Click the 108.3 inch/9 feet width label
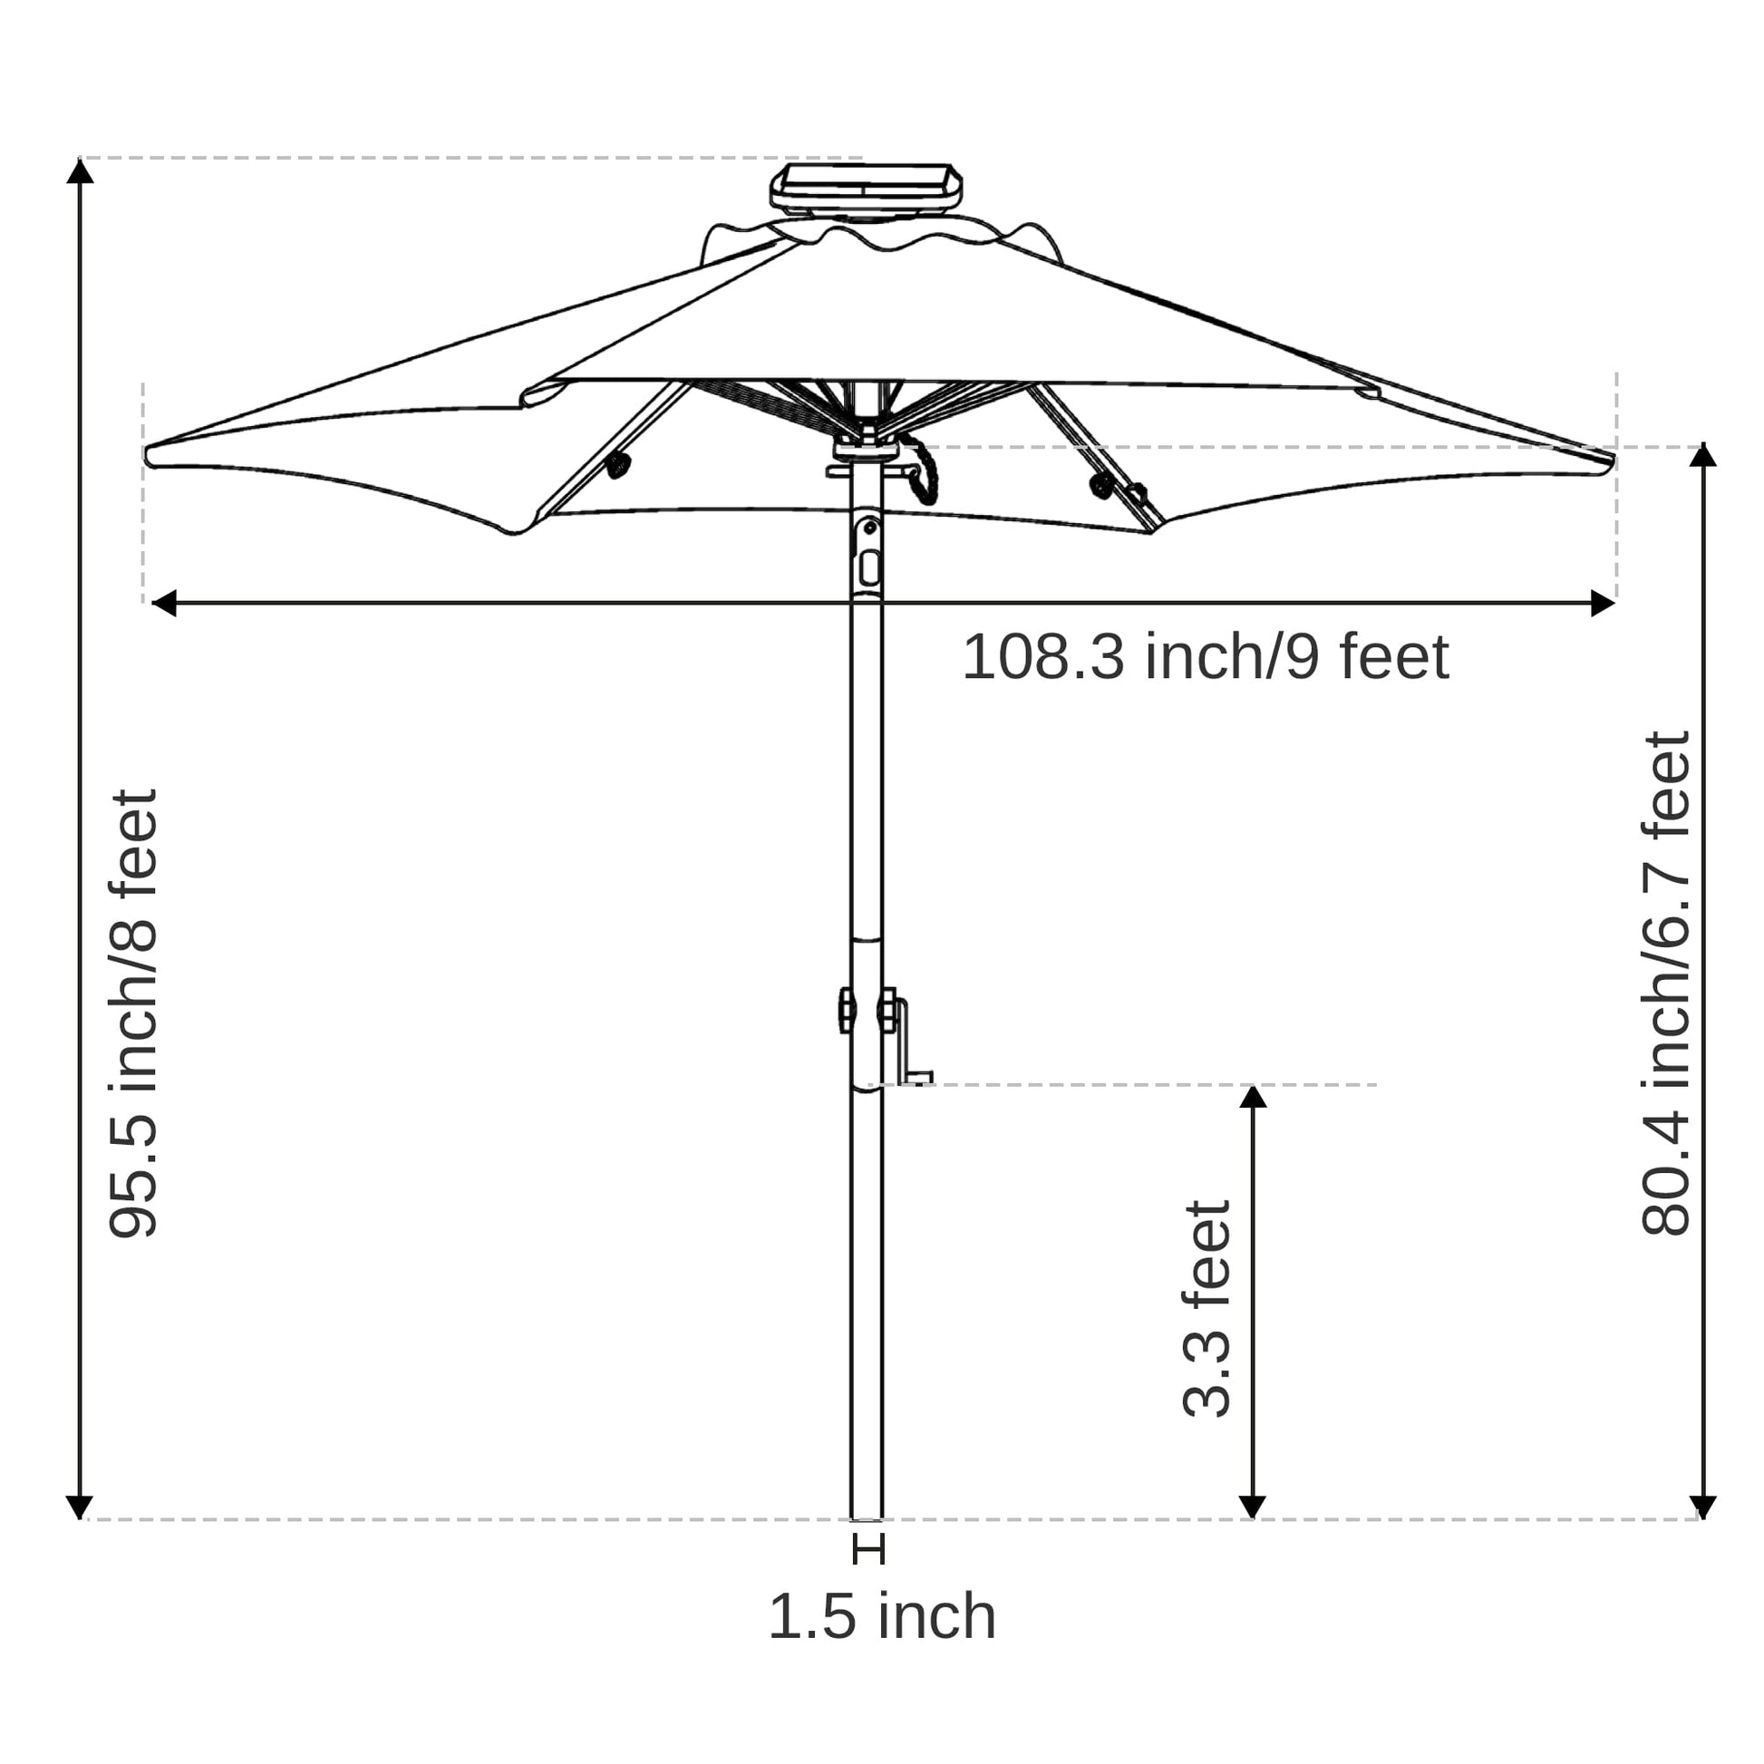coord(1205,657)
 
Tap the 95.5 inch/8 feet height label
coord(134,1013)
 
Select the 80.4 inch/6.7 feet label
coord(1666,984)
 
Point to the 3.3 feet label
coord(1207,1308)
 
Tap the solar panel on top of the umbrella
coord(866,187)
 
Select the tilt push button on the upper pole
coord(869,568)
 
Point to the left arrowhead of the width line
coord(163,604)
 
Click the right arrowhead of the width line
coord(1603,604)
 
